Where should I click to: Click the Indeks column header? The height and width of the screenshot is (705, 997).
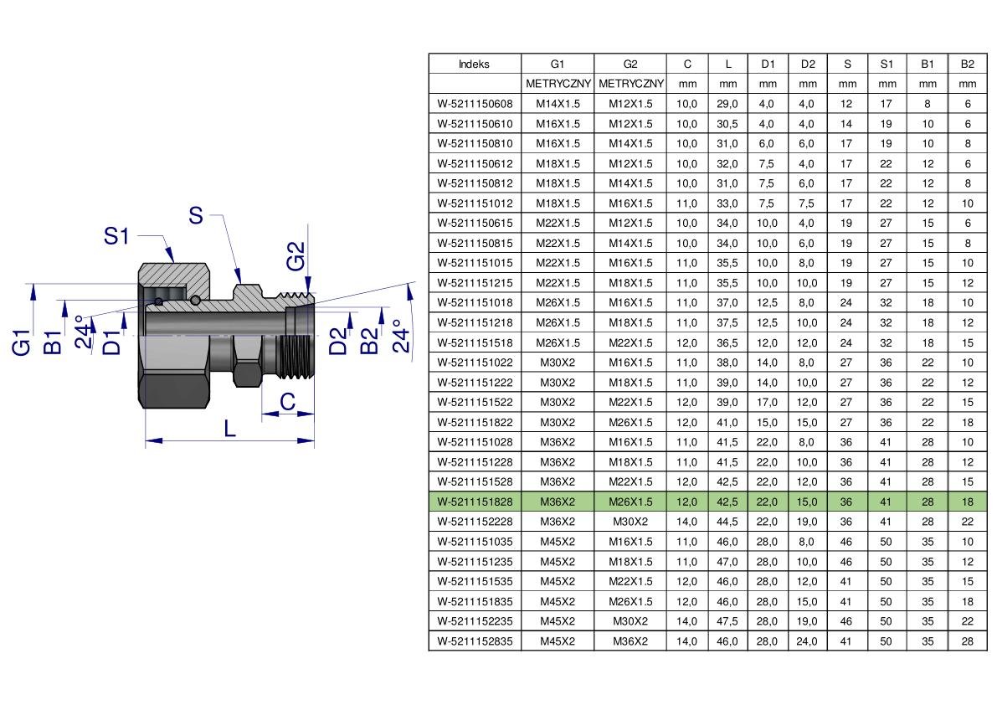[x=475, y=64]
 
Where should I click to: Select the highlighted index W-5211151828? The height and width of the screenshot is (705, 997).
[x=475, y=502]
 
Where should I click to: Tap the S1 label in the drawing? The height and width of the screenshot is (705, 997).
[x=116, y=236]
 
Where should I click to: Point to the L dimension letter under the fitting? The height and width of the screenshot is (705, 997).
[x=229, y=428]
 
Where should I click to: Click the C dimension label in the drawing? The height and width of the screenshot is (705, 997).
[x=287, y=401]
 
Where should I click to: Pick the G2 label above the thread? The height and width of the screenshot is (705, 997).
[x=296, y=255]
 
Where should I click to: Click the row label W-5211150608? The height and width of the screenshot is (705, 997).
[x=475, y=104]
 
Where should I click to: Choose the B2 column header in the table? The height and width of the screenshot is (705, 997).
[x=967, y=64]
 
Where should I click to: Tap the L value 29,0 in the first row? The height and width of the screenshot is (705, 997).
[x=727, y=104]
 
